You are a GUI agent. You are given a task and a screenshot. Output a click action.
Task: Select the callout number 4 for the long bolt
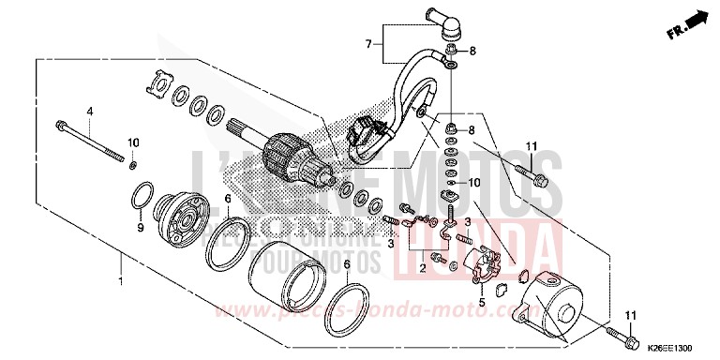pos(91,111)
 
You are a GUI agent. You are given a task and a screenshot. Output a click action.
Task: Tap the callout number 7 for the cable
pos(370,44)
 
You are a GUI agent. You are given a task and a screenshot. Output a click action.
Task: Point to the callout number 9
pos(140,227)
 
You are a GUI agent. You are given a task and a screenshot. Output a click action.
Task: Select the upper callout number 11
pos(530,145)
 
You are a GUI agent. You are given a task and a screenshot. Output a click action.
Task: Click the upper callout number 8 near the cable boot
pos(472,51)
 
